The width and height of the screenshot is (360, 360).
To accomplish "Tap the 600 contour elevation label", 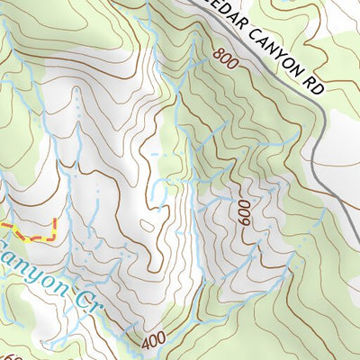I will click(243, 213).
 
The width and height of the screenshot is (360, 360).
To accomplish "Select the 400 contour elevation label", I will click(154, 341).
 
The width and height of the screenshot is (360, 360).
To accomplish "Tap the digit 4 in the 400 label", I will click(146, 343).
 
